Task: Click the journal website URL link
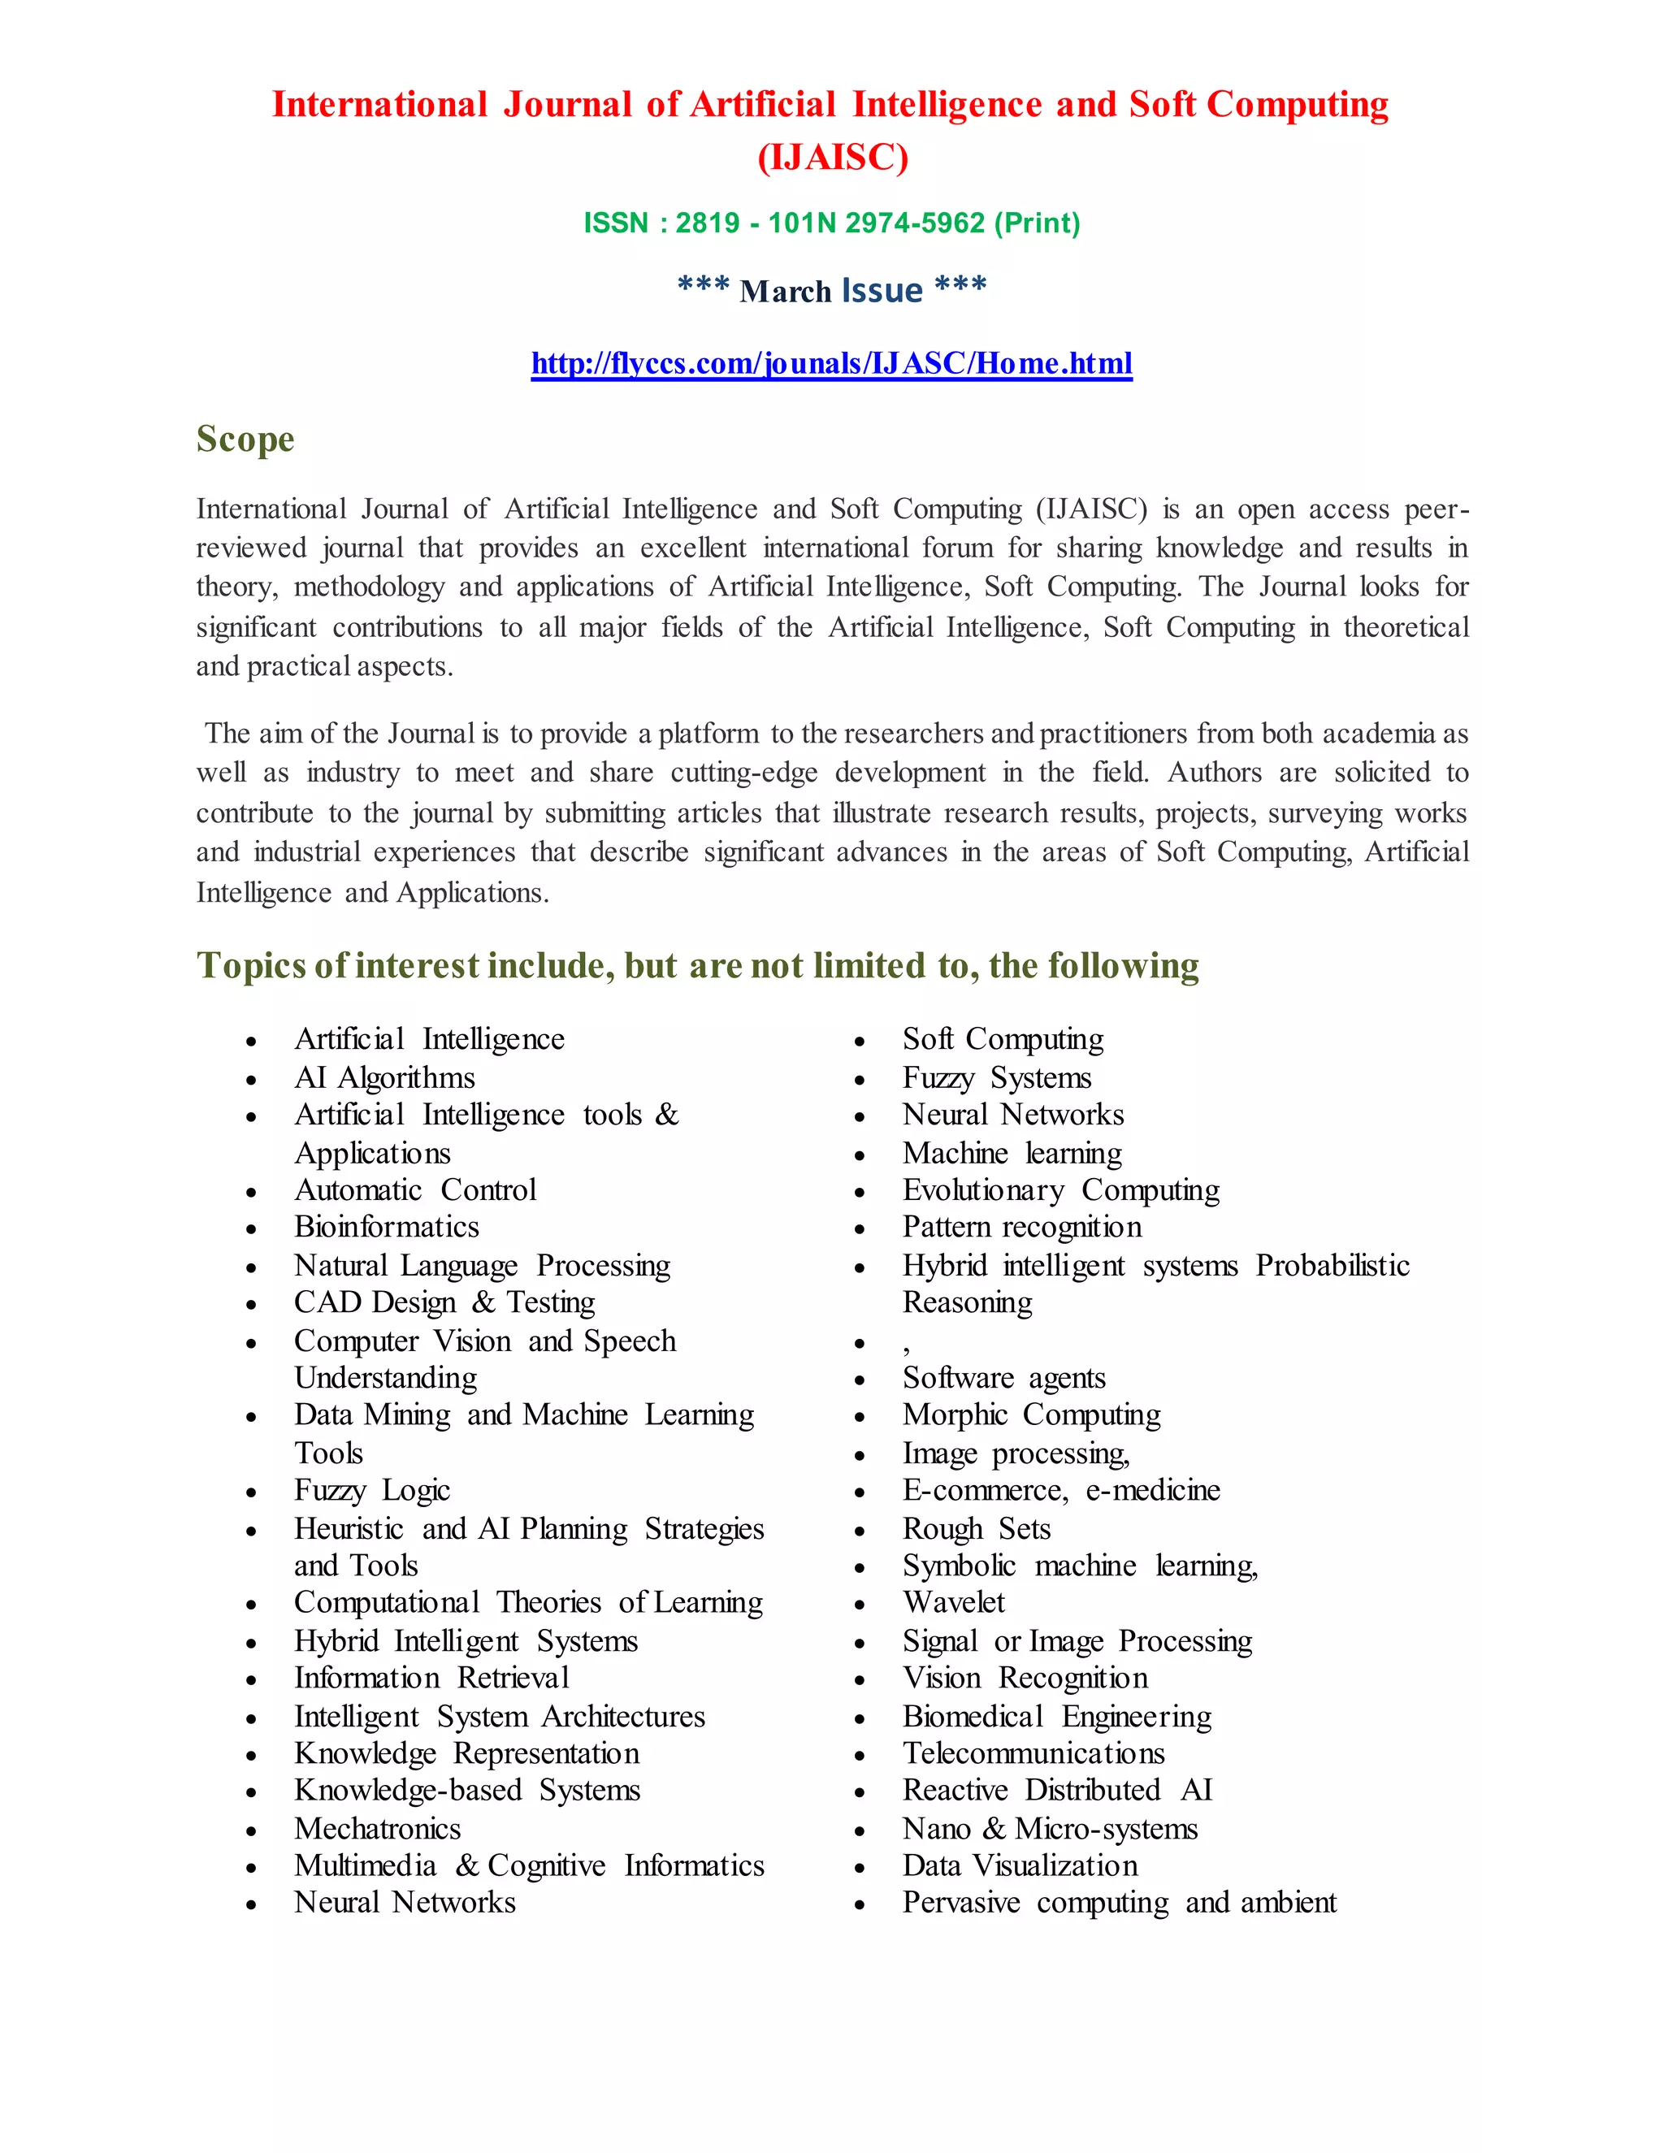point(831,364)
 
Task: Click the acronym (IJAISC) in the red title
point(832,158)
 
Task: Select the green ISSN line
point(831,223)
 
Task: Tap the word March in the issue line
point(785,292)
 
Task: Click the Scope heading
point(245,439)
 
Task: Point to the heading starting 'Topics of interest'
point(697,965)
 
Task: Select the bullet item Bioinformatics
point(387,1228)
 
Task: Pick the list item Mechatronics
point(378,1829)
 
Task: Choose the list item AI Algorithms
point(384,1077)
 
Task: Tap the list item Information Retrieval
point(431,1678)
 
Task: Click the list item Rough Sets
point(976,1529)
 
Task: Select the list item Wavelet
point(953,1603)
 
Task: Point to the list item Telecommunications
point(1033,1754)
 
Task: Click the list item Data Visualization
point(1020,1866)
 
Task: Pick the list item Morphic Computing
point(1031,1415)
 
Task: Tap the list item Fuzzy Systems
point(997,1077)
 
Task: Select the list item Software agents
point(1003,1378)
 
